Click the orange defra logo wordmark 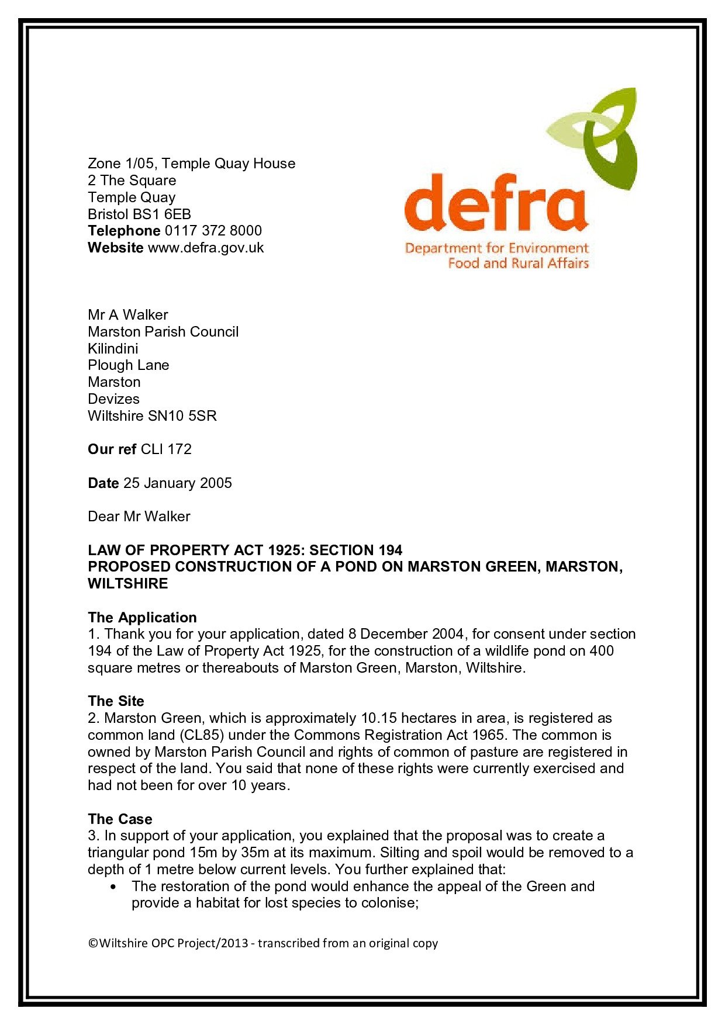496,203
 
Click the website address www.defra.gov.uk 206,248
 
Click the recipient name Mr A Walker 128,315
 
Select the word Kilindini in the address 113,349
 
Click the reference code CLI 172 166,449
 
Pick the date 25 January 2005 178,483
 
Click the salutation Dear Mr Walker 139,517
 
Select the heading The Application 142,618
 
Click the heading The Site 116,701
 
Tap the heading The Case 120,819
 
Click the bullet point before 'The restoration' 113,887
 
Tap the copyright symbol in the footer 93,943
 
